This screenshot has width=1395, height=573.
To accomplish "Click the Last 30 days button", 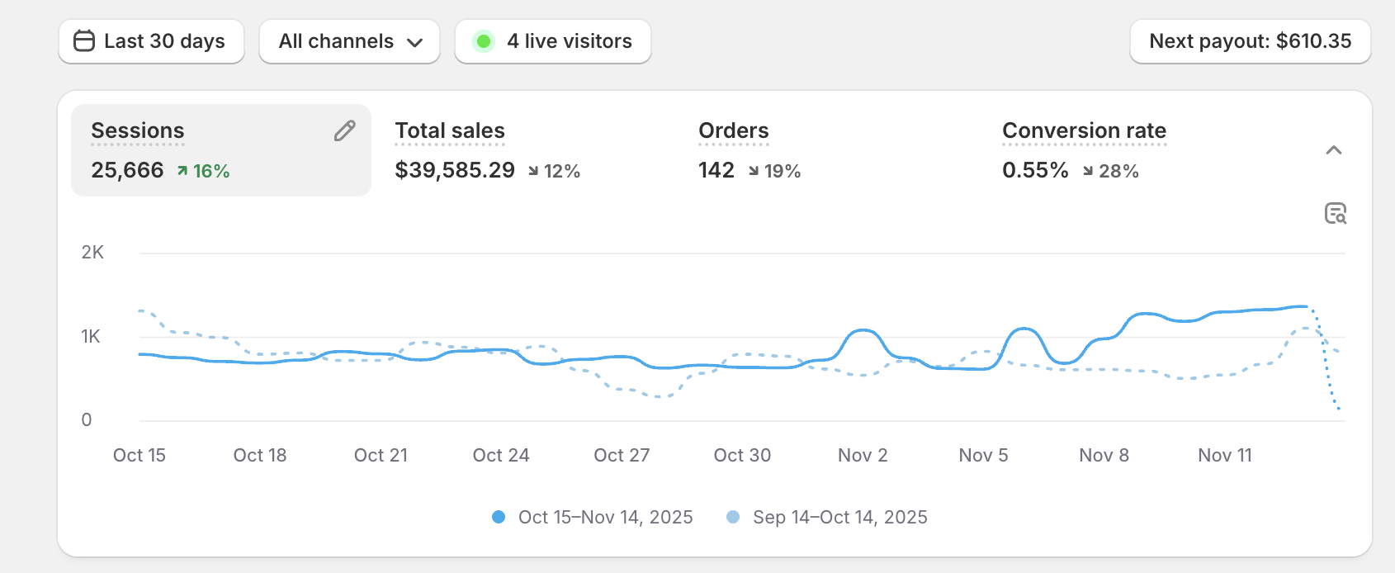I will point(151,41).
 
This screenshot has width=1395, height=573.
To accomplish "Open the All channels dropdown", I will point(349,41).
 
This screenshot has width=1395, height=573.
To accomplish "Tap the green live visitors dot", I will point(484,41).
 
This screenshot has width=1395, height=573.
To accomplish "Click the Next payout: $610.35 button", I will point(1250,41).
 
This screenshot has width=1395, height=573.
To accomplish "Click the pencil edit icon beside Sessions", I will point(344,130).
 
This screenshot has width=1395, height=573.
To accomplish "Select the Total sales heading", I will point(450,130).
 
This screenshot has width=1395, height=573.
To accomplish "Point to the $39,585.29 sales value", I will point(455,170).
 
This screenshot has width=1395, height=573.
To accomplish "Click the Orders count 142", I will point(716,170).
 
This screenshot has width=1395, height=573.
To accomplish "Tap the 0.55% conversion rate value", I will point(1035,170).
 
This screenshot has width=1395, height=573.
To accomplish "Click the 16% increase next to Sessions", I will point(204,171).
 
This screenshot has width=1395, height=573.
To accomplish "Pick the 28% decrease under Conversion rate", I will point(1111,171).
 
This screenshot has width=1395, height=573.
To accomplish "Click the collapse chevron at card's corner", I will point(1333,150).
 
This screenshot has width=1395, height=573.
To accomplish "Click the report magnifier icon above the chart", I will point(1335,213).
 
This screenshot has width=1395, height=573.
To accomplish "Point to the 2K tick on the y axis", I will point(92,253).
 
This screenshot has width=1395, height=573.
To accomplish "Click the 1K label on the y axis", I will point(91,336).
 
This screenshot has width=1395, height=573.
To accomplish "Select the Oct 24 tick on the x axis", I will point(501,455).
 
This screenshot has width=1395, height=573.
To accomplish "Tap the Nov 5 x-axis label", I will point(983,455).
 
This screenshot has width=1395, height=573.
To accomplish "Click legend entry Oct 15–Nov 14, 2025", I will point(593,517).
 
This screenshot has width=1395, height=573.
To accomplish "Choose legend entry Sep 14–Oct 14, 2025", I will point(827,517).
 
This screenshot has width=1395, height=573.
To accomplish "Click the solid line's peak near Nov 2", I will point(863,330).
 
